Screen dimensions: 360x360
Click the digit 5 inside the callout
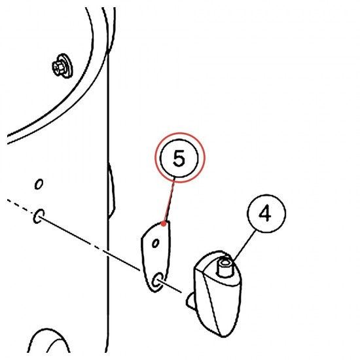(179, 158)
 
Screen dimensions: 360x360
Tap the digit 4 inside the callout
(265, 213)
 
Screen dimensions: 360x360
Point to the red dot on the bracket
(164, 224)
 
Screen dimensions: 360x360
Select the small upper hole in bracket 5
(156, 243)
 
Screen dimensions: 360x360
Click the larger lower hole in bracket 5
(158, 280)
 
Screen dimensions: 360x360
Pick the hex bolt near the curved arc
(62, 66)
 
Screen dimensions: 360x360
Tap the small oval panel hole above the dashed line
(39, 184)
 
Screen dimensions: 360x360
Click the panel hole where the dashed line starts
(39, 216)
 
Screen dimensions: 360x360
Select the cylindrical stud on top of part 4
(225, 267)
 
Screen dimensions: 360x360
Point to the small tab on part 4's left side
(190, 301)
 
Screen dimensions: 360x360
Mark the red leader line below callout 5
(169, 202)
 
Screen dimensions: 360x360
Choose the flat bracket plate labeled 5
(156, 256)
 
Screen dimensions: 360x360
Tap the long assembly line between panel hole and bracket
(90, 243)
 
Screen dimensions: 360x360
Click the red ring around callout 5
(180, 133)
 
